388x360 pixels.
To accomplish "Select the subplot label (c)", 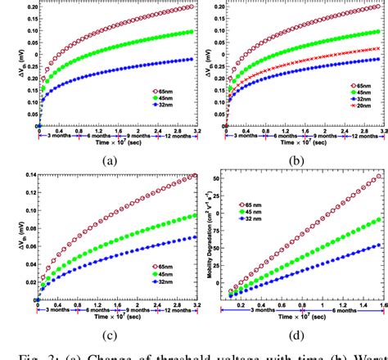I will coord(108,346).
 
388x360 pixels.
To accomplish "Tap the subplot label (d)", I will coord(296,346).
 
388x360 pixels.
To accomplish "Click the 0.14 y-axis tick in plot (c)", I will coord(25,175).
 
